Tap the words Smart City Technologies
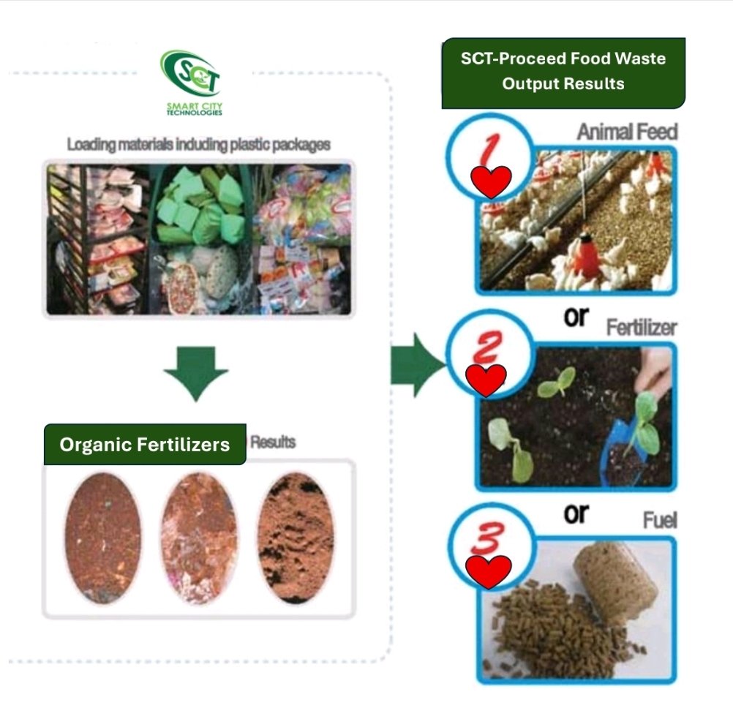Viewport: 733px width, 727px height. pos(195,109)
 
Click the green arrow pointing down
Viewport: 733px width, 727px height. pos(196,372)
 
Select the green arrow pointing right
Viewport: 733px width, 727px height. pos(417,359)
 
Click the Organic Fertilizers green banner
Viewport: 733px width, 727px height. pos(145,445)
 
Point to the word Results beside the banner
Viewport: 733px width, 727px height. pos(273,442)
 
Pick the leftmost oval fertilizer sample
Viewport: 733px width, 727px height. pos(102,538)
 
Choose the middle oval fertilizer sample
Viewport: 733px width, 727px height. pos(198,538)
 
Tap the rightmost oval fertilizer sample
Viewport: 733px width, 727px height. pos(296,538)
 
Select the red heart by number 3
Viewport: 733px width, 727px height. pos(489,572)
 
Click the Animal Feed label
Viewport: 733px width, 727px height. pos(627,132)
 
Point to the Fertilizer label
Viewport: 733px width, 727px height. pos(642,328)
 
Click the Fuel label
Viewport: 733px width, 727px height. pos(659,521)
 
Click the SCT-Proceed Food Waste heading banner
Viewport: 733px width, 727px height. pos(563,71)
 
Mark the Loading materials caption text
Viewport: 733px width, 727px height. pos(198,144)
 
